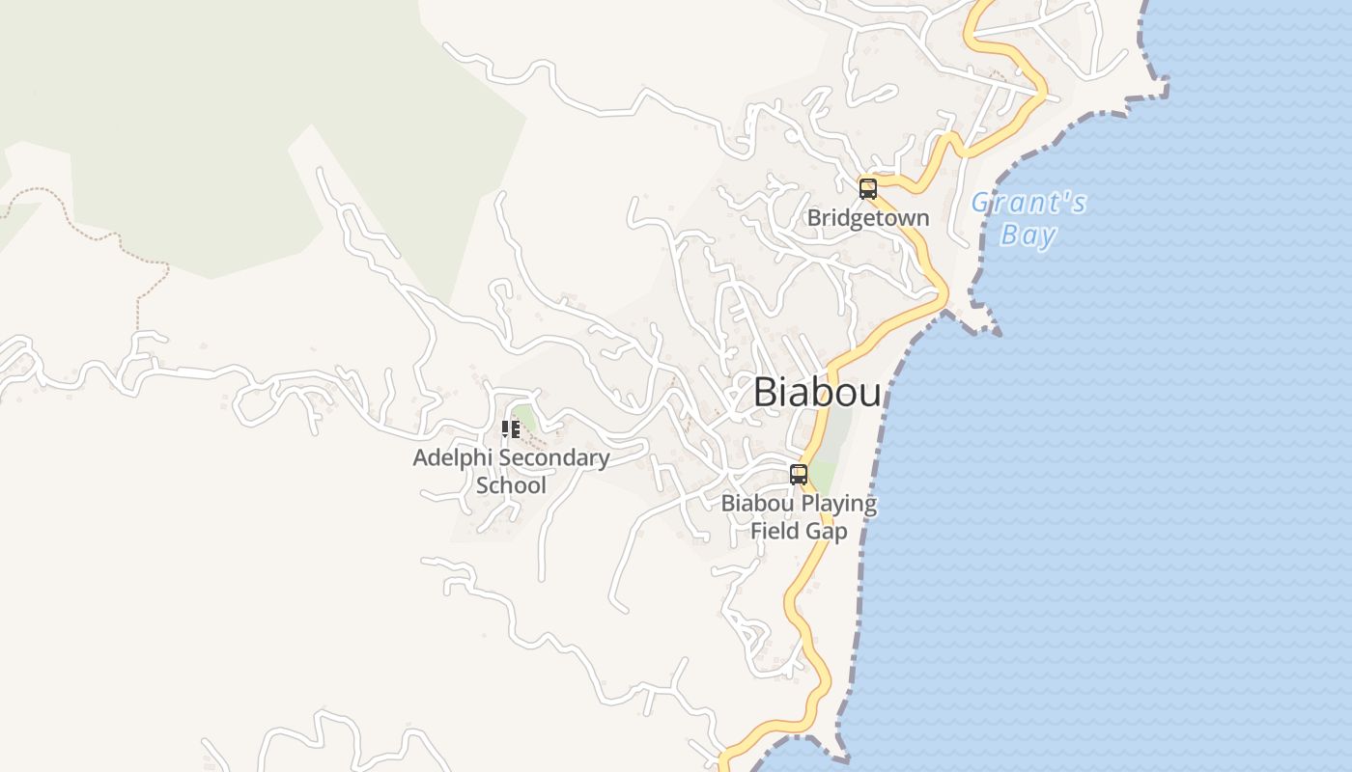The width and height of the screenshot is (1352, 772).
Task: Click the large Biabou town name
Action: click(817, 393)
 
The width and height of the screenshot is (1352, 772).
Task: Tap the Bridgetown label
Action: click(867, 218)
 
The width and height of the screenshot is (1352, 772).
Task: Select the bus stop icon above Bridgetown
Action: click(868, 188)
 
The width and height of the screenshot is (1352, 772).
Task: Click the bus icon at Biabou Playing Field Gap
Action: click(799, 474)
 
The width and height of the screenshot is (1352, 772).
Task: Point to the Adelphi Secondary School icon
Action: click(510, 429)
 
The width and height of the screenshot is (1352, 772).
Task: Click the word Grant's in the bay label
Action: click(1028, 204)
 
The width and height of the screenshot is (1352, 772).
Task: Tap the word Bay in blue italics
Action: click(1028, 235)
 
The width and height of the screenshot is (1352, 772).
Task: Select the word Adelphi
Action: click(449, 457)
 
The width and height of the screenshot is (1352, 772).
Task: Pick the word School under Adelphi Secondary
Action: click(511, 484)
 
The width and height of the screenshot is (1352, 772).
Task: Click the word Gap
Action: click(829, 531)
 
